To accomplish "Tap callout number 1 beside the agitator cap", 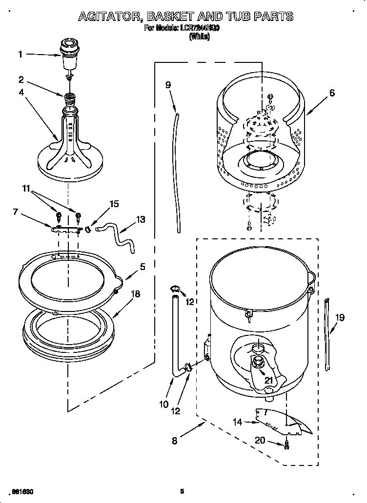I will (x=20, y=55).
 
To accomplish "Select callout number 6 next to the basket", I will (x=332, y=93).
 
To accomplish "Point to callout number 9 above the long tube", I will (x=168, y=84).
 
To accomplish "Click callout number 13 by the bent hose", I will (x=141, y=219).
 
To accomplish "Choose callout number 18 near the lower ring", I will (x=136, y=294).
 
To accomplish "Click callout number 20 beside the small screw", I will (x=260, y=440).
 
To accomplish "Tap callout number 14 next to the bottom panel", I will (x=237, y=422).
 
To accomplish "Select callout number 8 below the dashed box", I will (x=175, y=443).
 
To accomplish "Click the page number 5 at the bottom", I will (x=182, y=491).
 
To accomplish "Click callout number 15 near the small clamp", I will (x=114, y=204).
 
